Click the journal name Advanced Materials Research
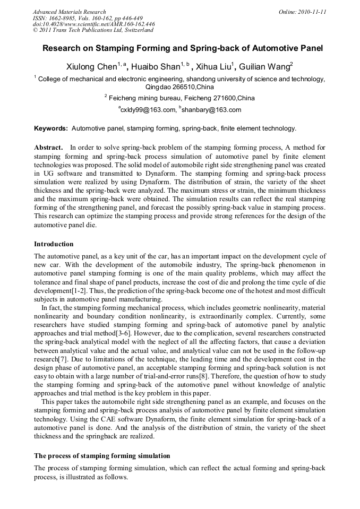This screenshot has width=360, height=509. tap(70, 11)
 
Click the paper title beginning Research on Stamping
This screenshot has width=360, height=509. tap(183, 48)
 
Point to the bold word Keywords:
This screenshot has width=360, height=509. tap(51, 128)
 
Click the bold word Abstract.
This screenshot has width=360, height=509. tap(48, 147)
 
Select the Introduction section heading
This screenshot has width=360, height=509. tap(54, 244)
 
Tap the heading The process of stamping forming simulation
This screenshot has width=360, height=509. tap(102, 455)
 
